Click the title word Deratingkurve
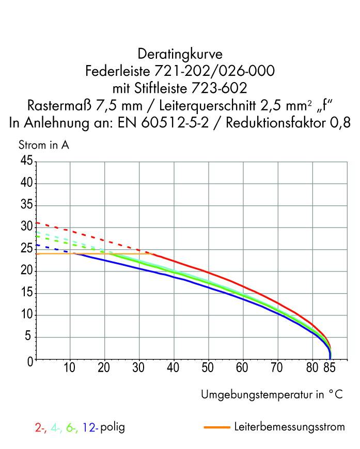point(180,54)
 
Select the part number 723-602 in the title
point(218,89)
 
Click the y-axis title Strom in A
point(44,146)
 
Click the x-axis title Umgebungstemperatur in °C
point(272,395)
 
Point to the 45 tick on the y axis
point(27,162)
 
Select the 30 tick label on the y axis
point(27,228)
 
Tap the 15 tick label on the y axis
point(27,293)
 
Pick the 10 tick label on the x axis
point(70,368)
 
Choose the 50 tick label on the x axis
point(208,368)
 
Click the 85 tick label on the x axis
point(330,368)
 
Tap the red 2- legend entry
point(40,428)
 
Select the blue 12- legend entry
point(90,428)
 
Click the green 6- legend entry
point(72,428)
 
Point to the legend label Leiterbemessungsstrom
point(289,428)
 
